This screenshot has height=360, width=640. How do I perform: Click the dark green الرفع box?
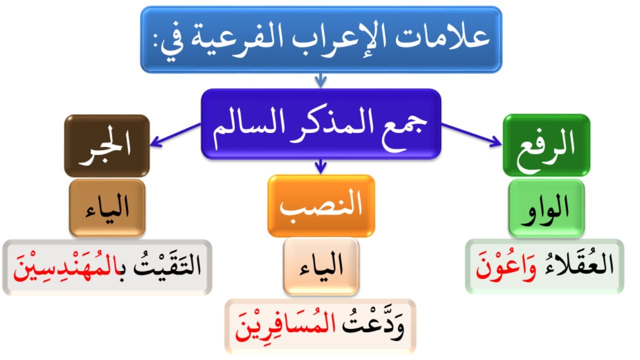pos(546,145)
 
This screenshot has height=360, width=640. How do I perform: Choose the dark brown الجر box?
pos(107,145)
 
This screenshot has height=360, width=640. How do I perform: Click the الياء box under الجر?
pos(107,208)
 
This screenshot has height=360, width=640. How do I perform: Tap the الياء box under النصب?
pos(321,266)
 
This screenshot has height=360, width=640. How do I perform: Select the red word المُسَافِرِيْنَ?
pos(285,326)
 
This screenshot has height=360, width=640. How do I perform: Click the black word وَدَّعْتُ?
pos(375,326)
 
